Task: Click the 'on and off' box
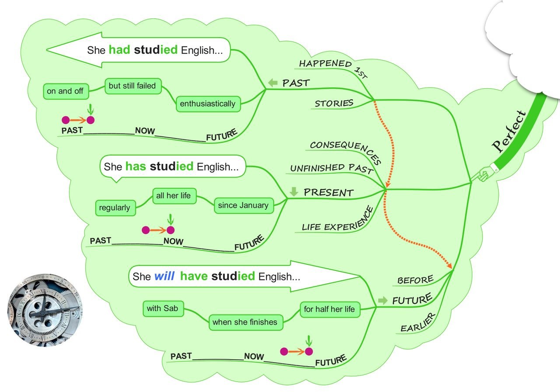click(x=66, y=91)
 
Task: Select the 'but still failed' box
click(x=133, y=86)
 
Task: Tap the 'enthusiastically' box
click(x=208, y=104)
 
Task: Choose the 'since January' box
click(x=244, y=205)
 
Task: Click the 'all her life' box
click(x=174, y=196)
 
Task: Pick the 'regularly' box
click(x=115, y=208)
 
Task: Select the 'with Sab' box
click(x=164, y=309)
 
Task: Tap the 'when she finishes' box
click(x=246, y=323)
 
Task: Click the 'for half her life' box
click(x=330, y=309)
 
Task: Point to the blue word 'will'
click(x=164, y=276)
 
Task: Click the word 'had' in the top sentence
click(x=119, y=50)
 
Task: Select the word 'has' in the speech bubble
click(x=136, y=167)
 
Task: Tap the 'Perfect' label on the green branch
click(x=509, y=131)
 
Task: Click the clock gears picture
click(x=45, y=310)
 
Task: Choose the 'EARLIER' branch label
click(x=418, y=323)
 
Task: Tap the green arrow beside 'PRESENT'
click(x=294, y=191)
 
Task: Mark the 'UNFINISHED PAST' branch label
click(x=332, y=168)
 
